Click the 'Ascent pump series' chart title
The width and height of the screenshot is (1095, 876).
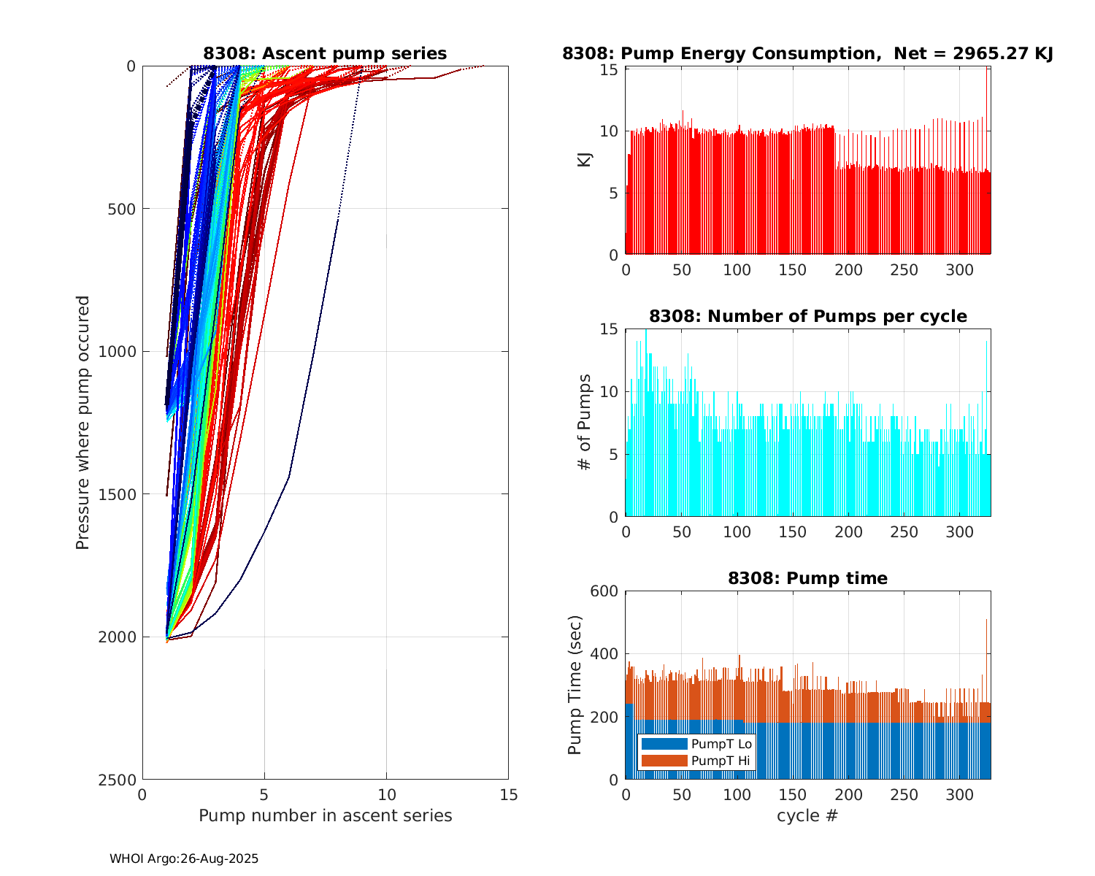[325, 53]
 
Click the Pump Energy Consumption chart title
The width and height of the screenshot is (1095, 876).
[807, 53]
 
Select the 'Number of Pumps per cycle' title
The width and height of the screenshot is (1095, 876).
[807, 316]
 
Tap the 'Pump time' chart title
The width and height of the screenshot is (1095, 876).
[807, 578]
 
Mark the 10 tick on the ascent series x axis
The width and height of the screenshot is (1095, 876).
[386, 795]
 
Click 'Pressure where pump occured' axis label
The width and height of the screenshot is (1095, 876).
[82, 423]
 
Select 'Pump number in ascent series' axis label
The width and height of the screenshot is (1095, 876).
[325, 815]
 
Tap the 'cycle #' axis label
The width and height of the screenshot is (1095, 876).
[807, 815]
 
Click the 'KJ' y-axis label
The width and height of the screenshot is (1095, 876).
[585, 160]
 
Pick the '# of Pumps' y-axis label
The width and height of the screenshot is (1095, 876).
[585, 422]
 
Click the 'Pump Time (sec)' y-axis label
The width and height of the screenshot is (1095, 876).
[575, 685]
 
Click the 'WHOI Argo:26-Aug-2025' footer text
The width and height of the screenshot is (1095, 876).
[184, 859]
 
